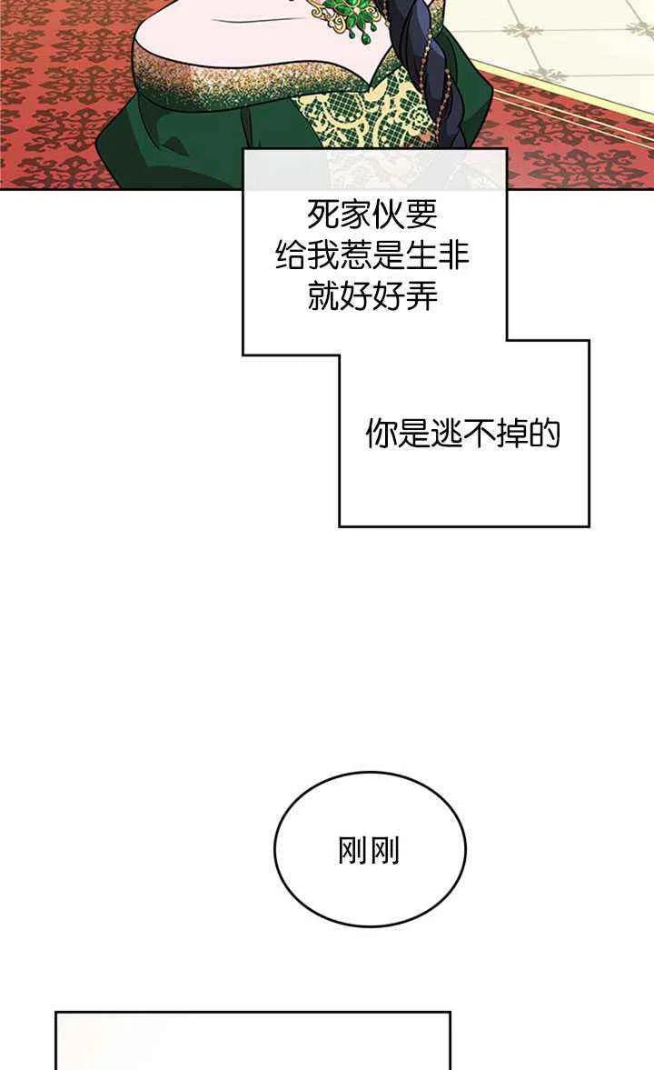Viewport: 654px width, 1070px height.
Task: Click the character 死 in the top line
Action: [323, 215]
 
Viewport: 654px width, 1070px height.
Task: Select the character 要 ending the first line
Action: [421, 215]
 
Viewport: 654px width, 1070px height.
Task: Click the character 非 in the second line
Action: [454, 255]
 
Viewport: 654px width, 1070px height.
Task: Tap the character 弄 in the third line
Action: [421, 297]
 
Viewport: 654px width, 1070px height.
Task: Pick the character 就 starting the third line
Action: [323, 297]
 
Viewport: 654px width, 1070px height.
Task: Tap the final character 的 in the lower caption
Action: [545, 433]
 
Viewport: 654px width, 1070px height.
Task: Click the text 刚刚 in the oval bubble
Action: [369, 850]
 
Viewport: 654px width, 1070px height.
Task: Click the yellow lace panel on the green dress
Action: [341, 123]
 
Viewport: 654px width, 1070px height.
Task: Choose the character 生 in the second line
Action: [421, 255]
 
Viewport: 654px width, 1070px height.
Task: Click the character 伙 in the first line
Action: [389, 215]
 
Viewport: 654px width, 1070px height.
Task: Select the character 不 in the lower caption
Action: [480, 433]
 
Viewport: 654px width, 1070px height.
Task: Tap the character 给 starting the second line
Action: [292, 255]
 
